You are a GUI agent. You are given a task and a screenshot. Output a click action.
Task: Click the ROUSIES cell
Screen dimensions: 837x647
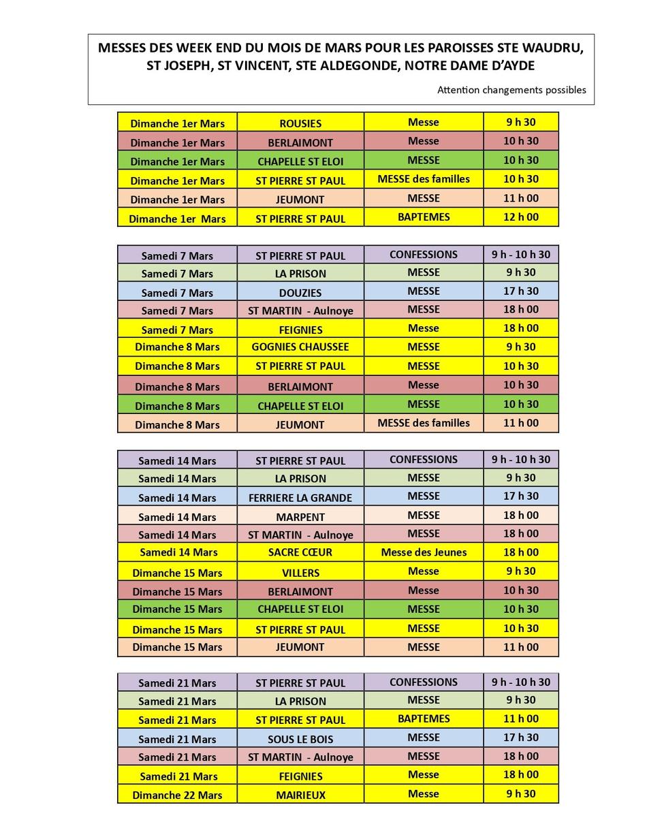[300, 123]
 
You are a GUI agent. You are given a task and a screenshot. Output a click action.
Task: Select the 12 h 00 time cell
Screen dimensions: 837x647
[521, 217]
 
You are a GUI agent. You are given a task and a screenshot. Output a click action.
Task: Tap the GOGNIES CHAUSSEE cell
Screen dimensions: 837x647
[300, 347]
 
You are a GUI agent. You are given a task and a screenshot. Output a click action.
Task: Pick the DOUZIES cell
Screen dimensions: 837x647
[300, 292]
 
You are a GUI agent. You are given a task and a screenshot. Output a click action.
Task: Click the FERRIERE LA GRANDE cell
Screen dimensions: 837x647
[300, 497]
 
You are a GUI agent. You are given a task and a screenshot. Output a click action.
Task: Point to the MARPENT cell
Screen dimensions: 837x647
[300, 516]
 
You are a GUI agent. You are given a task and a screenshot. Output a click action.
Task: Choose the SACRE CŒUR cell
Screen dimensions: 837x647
[300, 552]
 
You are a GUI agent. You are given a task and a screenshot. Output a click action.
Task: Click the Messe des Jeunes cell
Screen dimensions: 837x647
[424, 552]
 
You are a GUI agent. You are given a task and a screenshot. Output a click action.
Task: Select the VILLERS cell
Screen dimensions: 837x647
[300, 572]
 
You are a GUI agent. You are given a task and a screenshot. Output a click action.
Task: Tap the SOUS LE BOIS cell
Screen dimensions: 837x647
[300, 738]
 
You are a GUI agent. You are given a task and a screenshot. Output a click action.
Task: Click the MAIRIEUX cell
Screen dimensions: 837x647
[300, 795]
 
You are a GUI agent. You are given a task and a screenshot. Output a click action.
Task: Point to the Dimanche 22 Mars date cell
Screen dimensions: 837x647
[177, 795]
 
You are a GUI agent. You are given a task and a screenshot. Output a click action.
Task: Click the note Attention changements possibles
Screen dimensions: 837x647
[511, 90]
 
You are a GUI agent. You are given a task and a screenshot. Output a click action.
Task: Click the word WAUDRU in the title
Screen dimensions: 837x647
[552, 48]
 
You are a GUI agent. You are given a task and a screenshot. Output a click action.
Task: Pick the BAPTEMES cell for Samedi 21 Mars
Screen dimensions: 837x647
[424, 718]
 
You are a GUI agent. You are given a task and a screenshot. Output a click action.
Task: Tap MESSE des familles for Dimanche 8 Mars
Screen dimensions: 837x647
[424, 423]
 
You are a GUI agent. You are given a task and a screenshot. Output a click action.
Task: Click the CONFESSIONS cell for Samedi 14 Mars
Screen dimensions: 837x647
[424, 460]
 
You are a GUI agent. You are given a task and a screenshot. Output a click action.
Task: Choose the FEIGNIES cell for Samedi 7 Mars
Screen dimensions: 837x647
[300, 330]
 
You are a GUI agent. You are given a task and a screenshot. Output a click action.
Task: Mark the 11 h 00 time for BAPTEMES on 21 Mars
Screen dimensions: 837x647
[521, 718]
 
